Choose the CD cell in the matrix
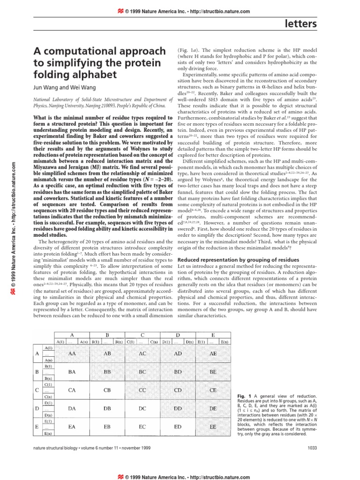coord(178,390)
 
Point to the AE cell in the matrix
coord(213,353)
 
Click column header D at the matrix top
coord(178,335)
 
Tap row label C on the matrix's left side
coord(37,390)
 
